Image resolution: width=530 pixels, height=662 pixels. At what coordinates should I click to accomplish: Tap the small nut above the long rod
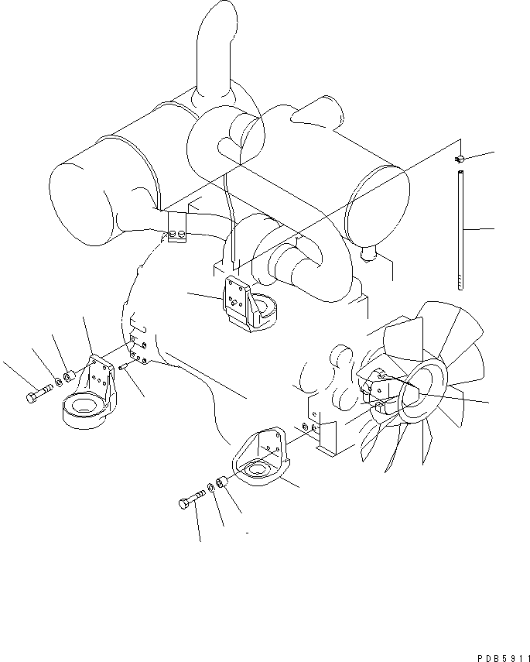(x=459, y=159)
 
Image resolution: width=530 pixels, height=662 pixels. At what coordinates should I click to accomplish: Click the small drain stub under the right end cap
(x=368, y=251)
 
